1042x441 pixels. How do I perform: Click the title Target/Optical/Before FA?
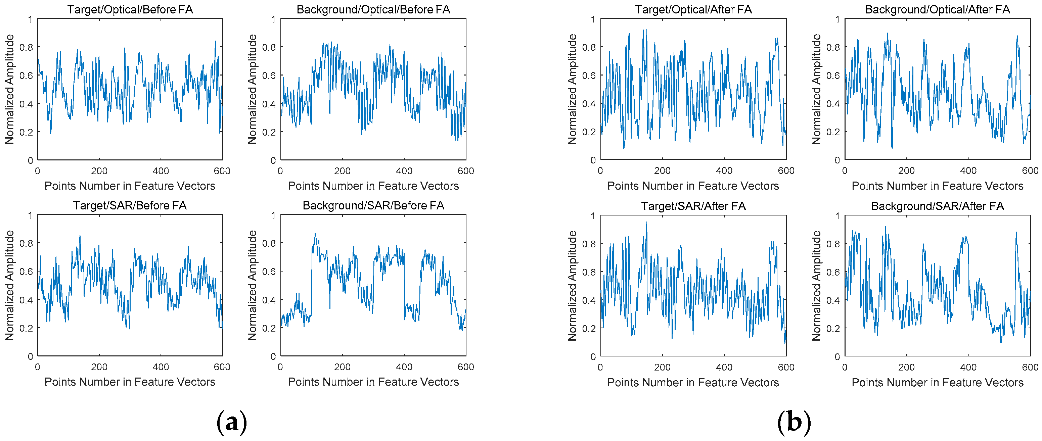pos(130,9)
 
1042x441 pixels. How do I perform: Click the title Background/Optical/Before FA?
pos(373,9)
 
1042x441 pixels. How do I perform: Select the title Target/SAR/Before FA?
pos(130,205)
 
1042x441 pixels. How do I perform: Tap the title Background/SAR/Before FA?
pos(373,205)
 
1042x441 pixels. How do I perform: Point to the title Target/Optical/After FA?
pos(693,9)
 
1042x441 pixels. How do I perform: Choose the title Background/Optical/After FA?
pos(937,9)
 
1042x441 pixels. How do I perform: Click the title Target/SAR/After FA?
pos(693,206)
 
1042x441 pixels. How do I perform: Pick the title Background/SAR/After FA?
pos(937,206)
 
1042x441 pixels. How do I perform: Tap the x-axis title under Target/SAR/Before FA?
pos(130,382)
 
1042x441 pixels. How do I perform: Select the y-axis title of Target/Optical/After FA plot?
pos(572,89)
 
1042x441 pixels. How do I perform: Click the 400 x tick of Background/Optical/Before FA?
pos(404,171)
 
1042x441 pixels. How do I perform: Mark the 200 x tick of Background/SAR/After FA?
pos(906,367)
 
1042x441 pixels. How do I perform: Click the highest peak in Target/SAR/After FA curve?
pos(646,222)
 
